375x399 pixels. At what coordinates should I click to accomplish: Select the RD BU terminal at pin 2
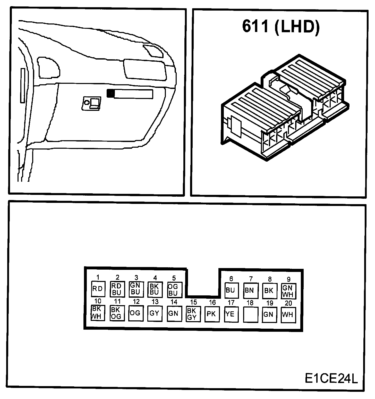[117, 289]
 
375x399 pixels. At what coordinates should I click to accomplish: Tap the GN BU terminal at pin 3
[136, 289]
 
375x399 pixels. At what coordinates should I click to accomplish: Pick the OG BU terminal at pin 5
[174, 290]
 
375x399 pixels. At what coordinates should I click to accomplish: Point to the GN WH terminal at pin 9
[288, 291]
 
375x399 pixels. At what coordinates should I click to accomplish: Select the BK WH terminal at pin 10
[98, 313]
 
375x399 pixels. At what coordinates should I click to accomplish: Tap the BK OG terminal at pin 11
[117, 313]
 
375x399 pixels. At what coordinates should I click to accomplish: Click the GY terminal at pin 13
[155, 313]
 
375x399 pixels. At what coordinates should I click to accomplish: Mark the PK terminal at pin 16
[212, 314]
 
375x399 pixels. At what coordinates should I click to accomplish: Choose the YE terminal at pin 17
[231, 314]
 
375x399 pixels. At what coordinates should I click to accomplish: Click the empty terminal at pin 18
[250, 314]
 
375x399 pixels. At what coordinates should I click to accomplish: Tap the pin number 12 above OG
[136, 302]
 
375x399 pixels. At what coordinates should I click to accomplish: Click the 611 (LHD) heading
[281, 27]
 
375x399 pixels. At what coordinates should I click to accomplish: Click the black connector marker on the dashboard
[110, 93]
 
